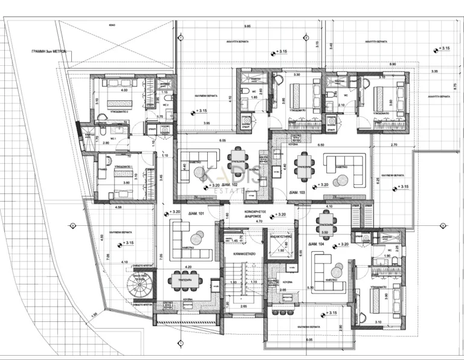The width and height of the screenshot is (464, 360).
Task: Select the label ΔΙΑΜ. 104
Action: [x=317, y=245]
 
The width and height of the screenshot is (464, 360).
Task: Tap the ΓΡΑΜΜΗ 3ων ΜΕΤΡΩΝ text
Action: [x=48, y=53]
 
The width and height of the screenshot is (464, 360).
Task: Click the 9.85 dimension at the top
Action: [x=248, y=27]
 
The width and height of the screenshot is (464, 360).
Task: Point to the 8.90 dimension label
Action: [x=393, y=64]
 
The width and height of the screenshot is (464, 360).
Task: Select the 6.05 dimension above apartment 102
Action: [x=223, y=140]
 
